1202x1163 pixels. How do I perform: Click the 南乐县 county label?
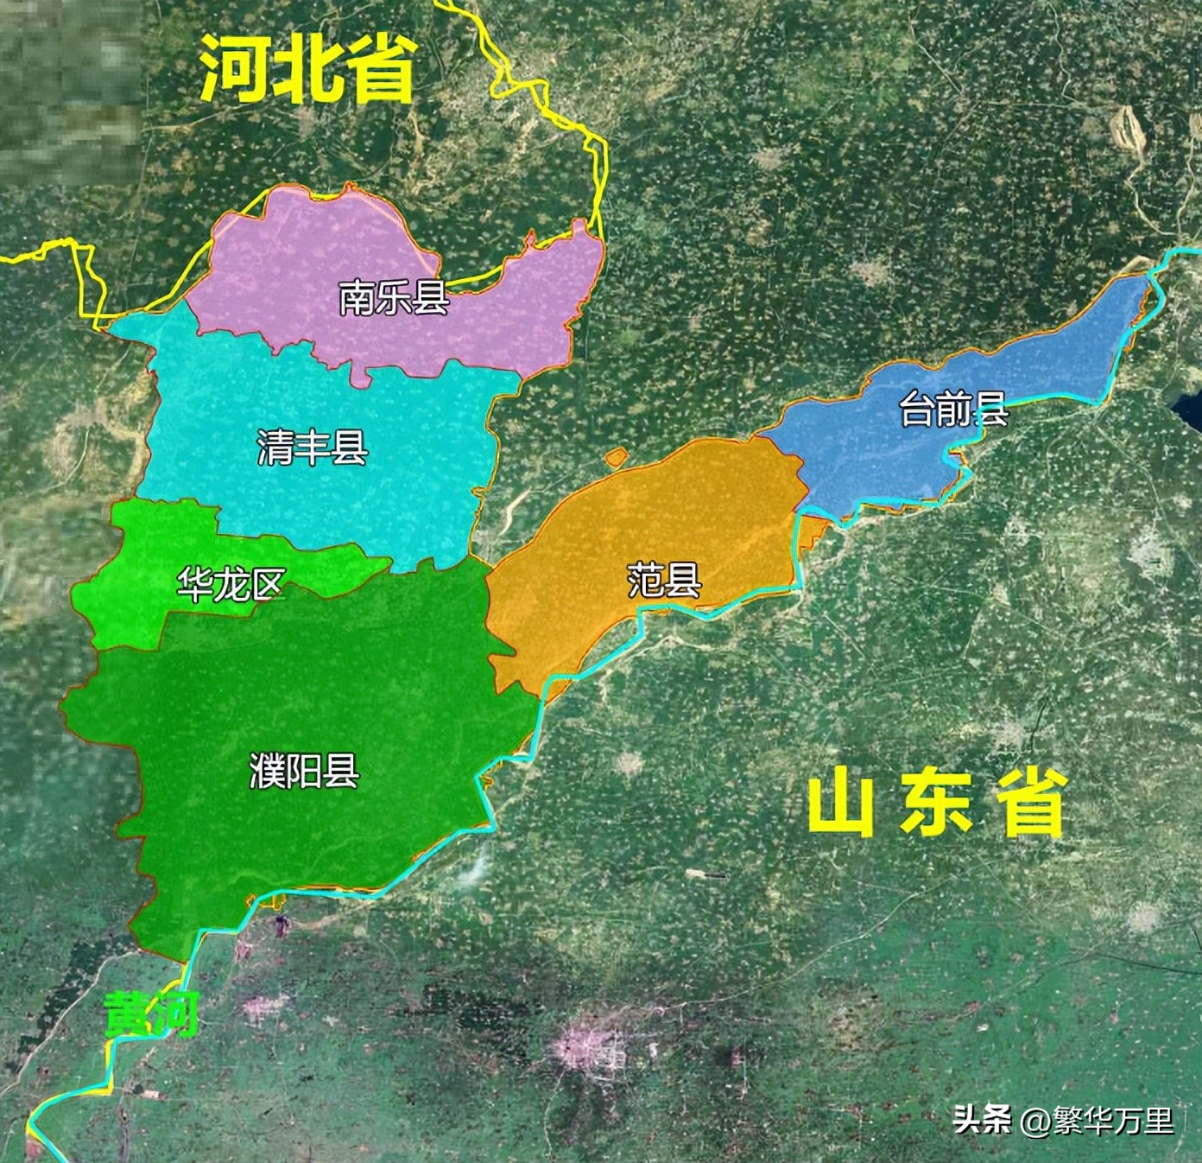click(394, 298)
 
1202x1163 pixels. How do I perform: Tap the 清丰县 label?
click(313, 448)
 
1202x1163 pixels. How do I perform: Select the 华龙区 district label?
click(231, 585)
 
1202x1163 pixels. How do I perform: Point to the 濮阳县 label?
click(304, 770)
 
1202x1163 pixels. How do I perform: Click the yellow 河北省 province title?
click(309, 69)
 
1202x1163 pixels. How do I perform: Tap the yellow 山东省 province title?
click(938, 805)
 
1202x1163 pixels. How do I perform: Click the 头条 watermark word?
click(982, 1120)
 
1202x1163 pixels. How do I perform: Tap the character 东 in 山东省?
click(938, 805)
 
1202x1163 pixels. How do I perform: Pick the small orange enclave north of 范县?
click(616, 458)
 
